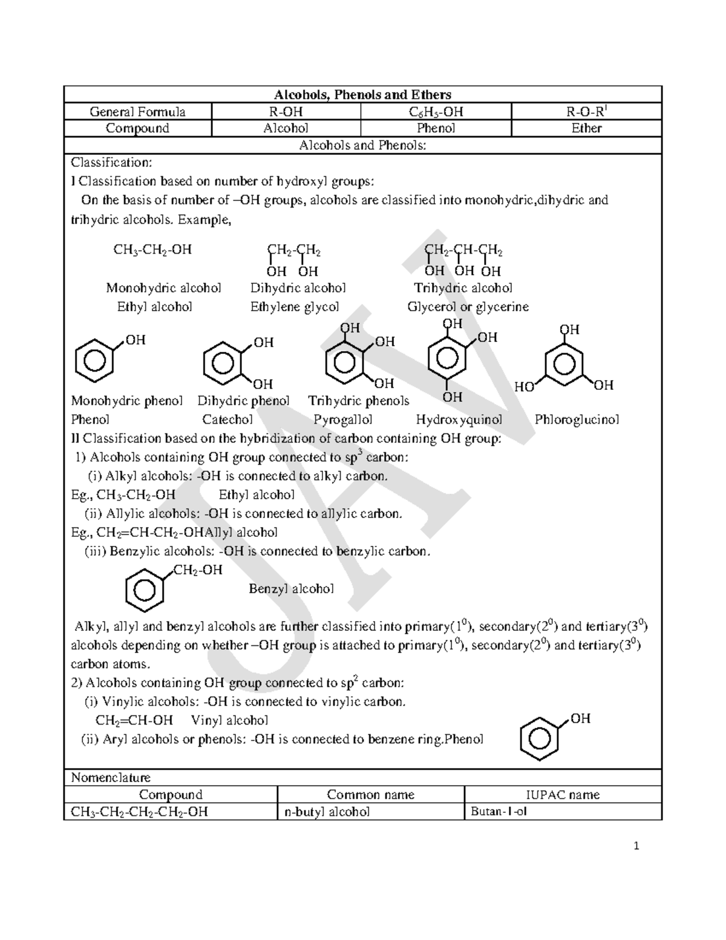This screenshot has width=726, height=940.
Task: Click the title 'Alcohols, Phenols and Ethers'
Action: pos(362,94)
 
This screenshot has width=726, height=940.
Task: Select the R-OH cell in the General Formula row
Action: pos(286,111)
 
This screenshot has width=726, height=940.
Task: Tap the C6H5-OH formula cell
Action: pos(436,111)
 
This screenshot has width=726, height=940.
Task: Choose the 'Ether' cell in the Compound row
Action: pos(586,128)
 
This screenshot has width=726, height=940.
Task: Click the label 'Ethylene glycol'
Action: pos(295,307)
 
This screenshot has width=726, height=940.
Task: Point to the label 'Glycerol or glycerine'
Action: pos(468,307)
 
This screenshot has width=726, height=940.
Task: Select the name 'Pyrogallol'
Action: pos(342,419)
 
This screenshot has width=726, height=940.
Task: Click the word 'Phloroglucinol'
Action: pos(577,419)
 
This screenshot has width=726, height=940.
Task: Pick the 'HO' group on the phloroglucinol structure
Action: pos(524,387)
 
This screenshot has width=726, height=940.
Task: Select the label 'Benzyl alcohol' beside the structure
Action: pos(291,589)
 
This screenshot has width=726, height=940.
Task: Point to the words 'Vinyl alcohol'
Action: pos(229,720)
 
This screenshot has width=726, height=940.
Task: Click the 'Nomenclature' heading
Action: pos(111,777)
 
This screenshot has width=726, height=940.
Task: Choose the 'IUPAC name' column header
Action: pos(563,795)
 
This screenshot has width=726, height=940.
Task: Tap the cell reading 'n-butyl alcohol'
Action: pos(327,812)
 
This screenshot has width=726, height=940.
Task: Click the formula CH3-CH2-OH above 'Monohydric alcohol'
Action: pos(152,250)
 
